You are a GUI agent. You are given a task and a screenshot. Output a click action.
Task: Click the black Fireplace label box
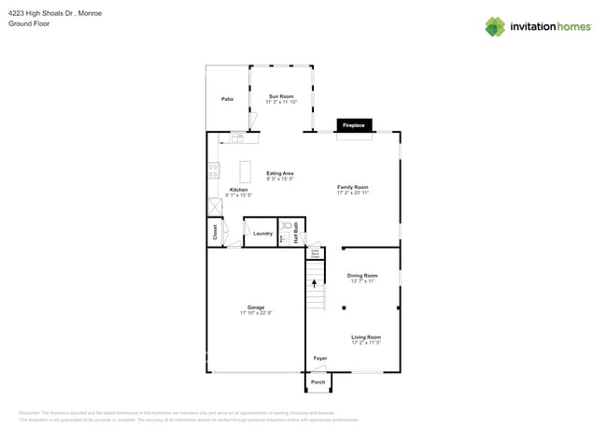[x=354, y=125]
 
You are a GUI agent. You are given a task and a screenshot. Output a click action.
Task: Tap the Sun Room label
[x=281, y=96]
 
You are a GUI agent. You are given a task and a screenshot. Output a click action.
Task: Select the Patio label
[x=227, y=99]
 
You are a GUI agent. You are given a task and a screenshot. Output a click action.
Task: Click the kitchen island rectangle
[x=246, y=172]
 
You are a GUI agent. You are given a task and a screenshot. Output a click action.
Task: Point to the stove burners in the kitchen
[x=214, y=170]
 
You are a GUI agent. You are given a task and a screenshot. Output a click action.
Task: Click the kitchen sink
[x=237, y=138]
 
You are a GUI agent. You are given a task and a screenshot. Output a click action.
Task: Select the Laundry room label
[x=262, y=234]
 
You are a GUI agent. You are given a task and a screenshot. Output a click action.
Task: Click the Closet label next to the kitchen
[x=215, y=233]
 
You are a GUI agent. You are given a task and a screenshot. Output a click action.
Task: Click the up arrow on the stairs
[x=314, y=282]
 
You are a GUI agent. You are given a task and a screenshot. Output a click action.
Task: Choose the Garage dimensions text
[x=255, y=312]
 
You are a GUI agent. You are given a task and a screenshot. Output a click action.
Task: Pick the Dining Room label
[x=362, y=276]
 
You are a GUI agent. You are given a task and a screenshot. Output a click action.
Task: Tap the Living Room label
[x=365, y=337]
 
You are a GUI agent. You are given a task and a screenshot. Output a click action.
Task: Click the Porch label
[x=318, y=382]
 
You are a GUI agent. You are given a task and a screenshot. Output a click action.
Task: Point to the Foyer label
[x=319, y=358]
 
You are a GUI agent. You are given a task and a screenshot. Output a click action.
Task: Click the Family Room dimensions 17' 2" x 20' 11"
[x=353, y=193]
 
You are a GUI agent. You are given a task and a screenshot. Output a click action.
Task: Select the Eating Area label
[x=280, y=173]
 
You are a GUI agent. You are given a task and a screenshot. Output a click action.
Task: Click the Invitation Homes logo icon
[x=494, y=26]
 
